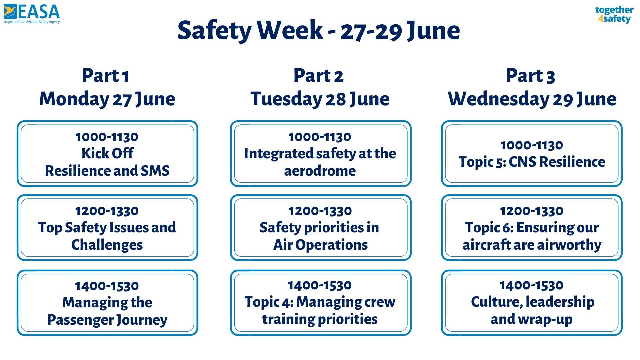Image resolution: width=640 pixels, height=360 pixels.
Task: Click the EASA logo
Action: [32, 14]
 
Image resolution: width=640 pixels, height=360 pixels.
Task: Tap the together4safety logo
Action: [614, 15]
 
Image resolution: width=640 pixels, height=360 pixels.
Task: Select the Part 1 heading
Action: [105, 76]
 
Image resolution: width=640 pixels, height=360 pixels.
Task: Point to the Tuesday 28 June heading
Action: [320, 99]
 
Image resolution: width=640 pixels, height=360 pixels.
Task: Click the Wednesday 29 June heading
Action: [532, 99]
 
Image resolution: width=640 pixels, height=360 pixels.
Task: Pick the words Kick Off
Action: [107, 153]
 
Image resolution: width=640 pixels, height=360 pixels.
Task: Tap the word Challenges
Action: [107, 245]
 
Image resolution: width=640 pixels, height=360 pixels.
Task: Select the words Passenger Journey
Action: [107, 320]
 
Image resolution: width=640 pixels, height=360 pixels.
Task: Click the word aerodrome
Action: [320, 171]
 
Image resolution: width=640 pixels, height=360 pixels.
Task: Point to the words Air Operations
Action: [320, 245]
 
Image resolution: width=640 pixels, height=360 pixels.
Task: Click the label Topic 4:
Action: [269, 302]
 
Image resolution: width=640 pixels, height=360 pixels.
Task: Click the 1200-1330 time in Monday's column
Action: [107, 211]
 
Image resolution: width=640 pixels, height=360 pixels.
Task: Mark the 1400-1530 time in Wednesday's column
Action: [532, 285]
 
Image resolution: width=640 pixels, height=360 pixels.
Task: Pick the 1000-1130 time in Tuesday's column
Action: [320, 137]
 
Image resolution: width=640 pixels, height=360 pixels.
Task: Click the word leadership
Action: [560, 302]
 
